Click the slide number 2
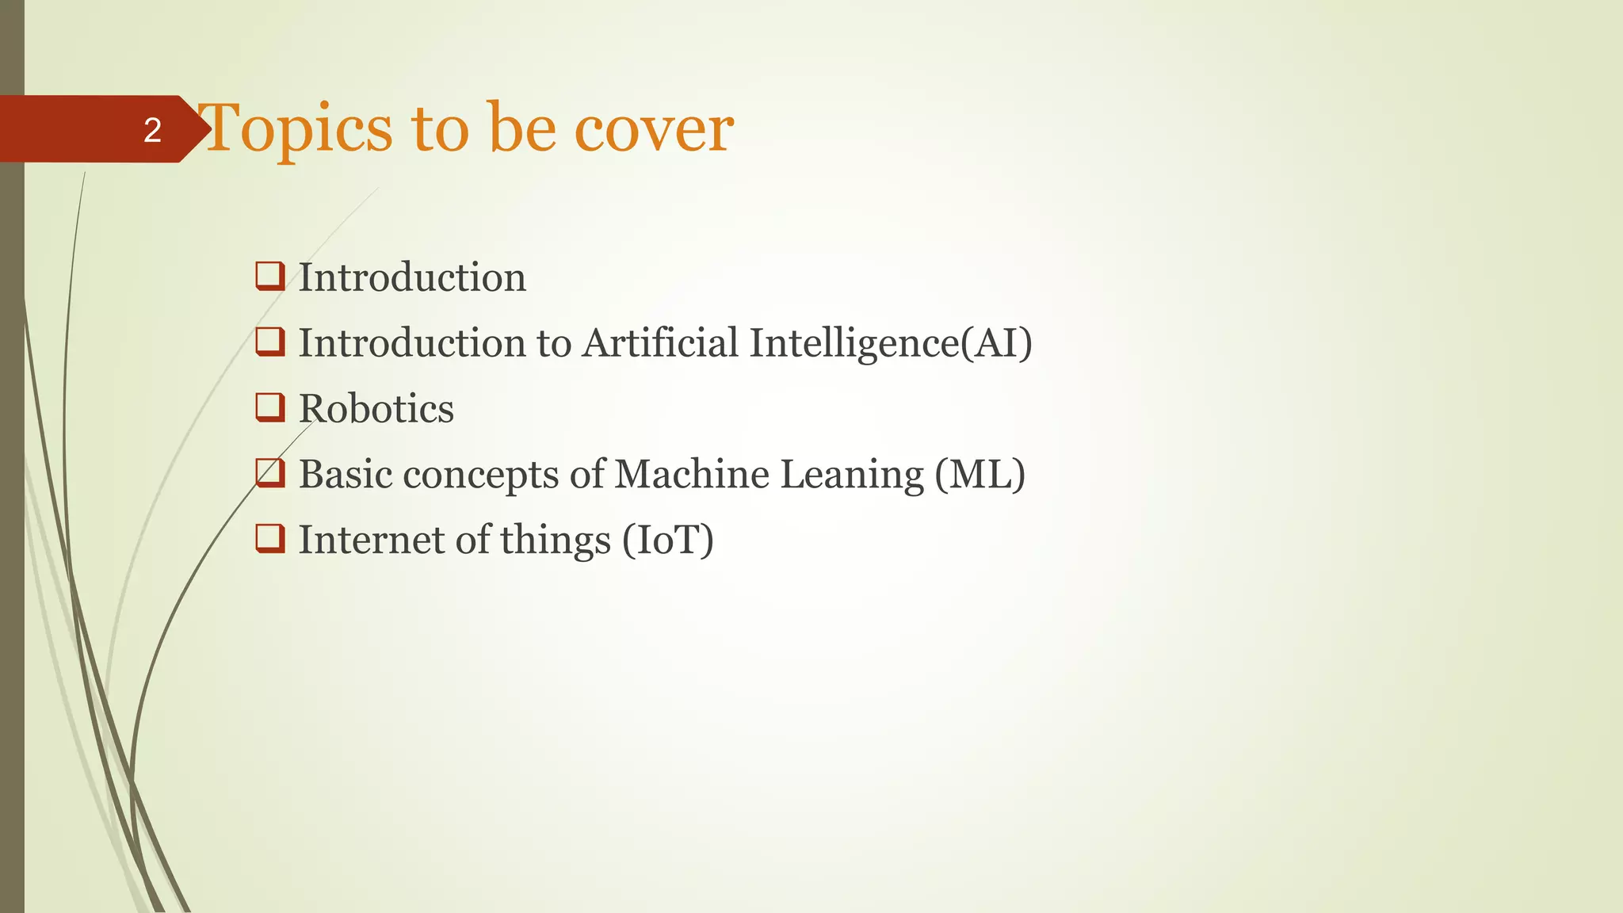point(152,130)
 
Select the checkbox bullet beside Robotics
point(270,407)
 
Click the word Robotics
point(376,409)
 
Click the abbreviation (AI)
point(996,343)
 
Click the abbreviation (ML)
point(980,474)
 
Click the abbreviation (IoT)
point(668,540)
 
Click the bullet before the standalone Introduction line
point(270,277)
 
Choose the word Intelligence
point(854,343)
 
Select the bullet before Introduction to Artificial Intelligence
point(270,342)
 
